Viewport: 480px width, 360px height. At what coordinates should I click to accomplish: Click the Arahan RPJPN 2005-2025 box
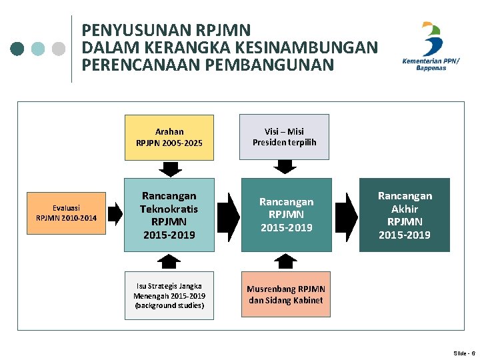pyautogui.click(x=169, y=137)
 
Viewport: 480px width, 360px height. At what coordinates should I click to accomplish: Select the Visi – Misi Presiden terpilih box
pyautogui.click(x=285, y=137)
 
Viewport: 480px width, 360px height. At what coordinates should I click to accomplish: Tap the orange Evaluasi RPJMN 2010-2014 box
pyautogui.click(x=66, y=213)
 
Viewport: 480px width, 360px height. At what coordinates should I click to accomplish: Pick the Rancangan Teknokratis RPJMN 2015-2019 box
pyautogui.click(x=169, y=215)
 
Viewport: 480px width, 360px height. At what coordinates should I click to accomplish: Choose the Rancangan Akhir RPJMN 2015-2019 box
pyautogui.click(x=404, y=215)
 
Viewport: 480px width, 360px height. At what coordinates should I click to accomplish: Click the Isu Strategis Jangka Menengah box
pyautogui.click(x=169, y=295)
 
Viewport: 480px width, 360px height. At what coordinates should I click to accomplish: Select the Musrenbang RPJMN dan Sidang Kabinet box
pyautogui.click(x=285, y=294)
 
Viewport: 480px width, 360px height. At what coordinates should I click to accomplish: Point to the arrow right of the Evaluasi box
pyautogui.click(x=115, y=213)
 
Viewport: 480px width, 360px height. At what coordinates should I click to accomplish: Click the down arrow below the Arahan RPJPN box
pyautogui.click(x=170, y=169)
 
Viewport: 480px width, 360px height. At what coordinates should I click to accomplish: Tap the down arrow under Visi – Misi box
pyautogui.click(x=285, y=167)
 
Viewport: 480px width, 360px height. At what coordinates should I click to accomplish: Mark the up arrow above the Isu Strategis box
pyautogui.click(x=170, y=261)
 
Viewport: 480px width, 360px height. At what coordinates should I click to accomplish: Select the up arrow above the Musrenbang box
pyautogui.click(x=285, y=261)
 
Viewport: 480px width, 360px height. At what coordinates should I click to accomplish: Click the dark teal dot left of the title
pyautogui.click(x=18, y=48)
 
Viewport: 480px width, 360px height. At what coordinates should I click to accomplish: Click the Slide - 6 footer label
pyautogui.click(x=463, y=352)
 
